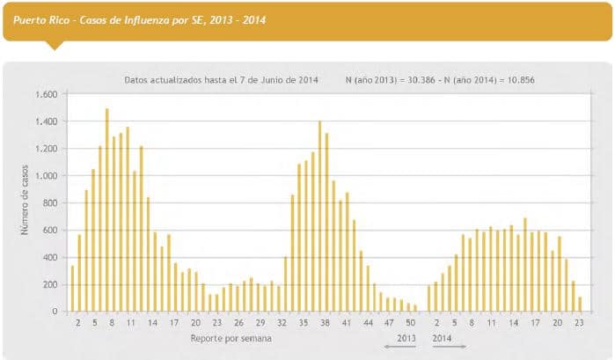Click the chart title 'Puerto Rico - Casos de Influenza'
[141, 18]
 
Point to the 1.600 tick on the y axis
[45, 94]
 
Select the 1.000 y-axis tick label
[45, 176]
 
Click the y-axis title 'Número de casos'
[26, 202]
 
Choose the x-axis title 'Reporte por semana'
[230, 337]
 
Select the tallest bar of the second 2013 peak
[319, 216]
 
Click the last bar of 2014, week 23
[580, 304]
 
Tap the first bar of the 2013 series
[72, 288]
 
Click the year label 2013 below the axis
[406, 337]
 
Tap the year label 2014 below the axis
[443, 337]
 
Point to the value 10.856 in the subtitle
[519, 79]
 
